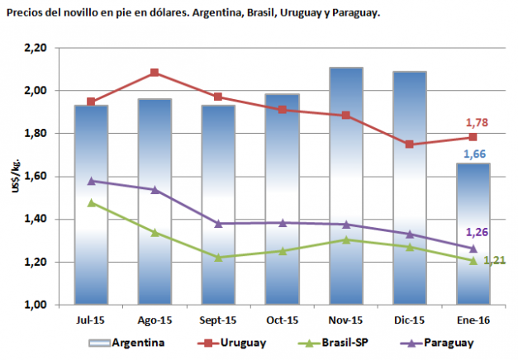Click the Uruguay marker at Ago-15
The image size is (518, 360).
(x=154, y=73)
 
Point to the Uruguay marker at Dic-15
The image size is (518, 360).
(x=410, y=144)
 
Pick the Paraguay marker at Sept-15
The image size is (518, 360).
(x=218, y=224)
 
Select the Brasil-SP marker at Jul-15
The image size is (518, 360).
(x=91, y=202)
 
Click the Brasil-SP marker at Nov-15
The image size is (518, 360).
(x=346, y=239)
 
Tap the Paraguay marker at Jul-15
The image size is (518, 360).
(x=91, y=181)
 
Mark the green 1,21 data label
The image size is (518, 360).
(x=494, y=261)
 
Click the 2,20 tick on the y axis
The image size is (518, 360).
(x=36, y=48)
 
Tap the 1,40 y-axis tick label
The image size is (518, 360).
(x=36, y=220)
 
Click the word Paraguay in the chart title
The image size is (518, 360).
(x=353, y=13)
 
